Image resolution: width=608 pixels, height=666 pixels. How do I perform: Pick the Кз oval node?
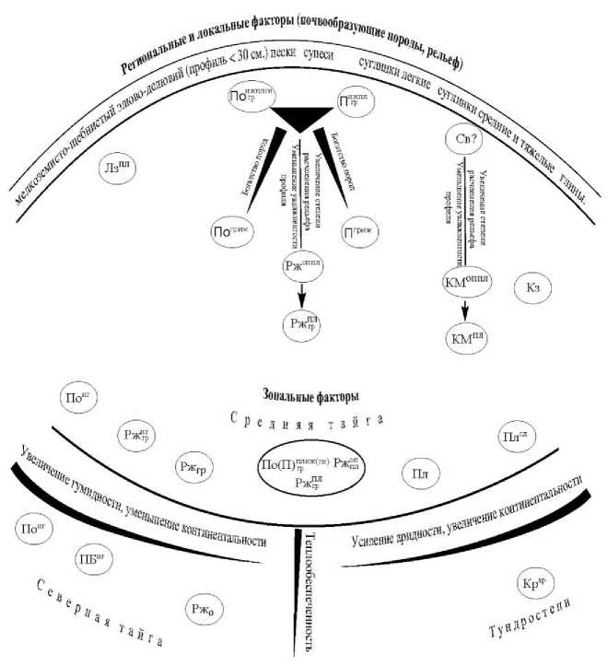536,286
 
